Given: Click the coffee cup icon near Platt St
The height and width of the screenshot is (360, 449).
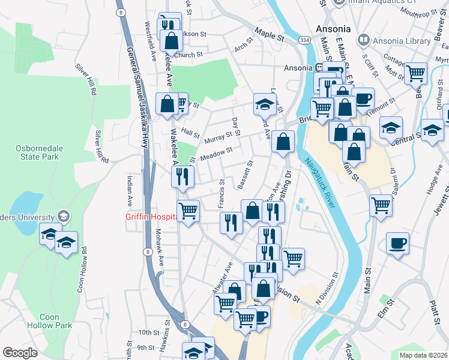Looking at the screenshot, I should point(397,244).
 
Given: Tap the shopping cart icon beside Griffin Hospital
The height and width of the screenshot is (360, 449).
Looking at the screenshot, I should point(188,211).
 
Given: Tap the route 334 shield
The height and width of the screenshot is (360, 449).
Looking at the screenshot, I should point(305,40).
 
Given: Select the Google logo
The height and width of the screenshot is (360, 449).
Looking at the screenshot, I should point(20,352).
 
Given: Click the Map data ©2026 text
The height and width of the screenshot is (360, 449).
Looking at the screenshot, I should point(423,355).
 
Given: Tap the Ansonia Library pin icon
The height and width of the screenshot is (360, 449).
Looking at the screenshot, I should point(363,40).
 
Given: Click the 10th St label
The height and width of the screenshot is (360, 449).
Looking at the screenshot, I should point(146,332).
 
